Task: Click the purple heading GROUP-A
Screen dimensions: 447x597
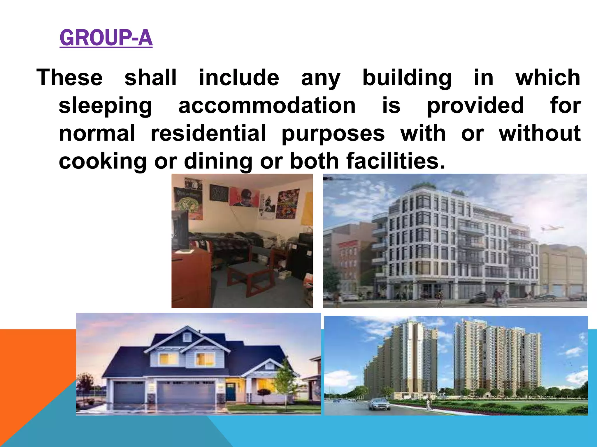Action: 106,38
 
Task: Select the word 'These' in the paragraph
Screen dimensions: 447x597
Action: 70,78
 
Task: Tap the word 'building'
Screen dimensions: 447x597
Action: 407,78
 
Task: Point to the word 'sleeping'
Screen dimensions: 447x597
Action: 105,106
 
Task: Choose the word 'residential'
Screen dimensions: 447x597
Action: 208,133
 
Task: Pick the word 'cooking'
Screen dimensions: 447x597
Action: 103,161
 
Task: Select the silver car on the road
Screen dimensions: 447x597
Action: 379,404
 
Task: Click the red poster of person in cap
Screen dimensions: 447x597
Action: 244,197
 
